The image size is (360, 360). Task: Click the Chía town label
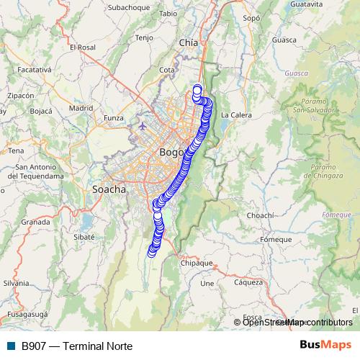tap(188, 43)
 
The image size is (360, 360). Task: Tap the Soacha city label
tap(109, 189)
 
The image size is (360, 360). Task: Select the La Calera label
tap(235, 114)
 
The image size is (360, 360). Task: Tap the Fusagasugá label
tap(27, 315)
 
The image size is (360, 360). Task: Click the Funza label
tap(114, 117)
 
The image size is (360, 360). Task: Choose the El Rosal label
tap(83, 48)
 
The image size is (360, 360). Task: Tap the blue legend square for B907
tap(11, 346)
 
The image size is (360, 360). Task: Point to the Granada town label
tap(35, 222)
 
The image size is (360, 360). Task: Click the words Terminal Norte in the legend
tap(98, 346)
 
